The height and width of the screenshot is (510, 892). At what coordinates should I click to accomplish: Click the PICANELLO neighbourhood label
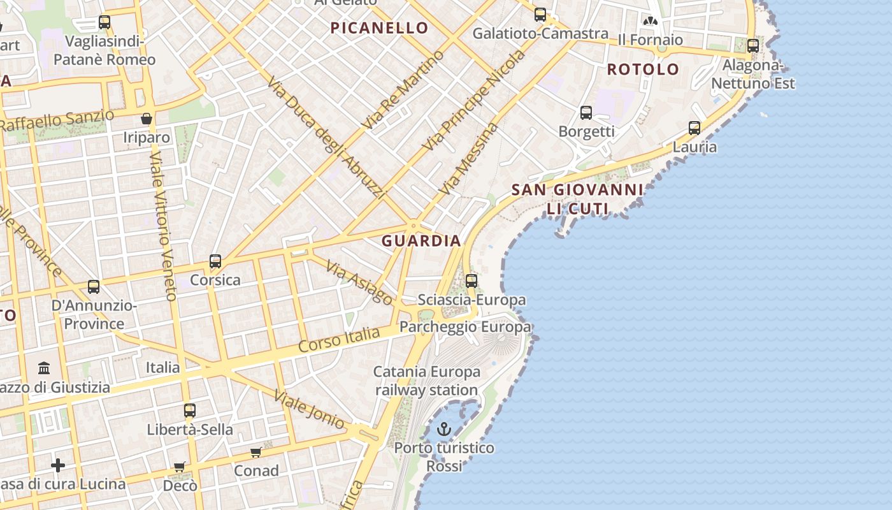379,28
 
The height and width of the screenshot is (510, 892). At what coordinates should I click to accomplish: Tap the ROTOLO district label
643,69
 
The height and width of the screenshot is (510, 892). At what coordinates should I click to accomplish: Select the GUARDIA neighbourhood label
421,241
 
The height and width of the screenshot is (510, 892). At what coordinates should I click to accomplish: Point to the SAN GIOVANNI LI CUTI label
577,199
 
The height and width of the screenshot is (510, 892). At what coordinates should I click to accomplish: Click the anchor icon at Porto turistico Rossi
444,429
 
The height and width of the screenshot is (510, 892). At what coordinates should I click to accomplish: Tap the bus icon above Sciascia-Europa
471,280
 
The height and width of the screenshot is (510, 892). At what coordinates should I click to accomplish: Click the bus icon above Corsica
215,261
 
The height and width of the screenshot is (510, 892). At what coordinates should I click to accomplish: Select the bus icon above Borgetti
586,113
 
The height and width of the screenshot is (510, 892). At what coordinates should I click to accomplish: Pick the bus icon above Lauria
694,128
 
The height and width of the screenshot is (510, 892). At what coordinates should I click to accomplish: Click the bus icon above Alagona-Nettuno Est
753,46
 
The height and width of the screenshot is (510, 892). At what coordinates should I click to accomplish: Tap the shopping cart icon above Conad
256,452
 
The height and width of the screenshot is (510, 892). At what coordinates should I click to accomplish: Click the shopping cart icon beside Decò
180,467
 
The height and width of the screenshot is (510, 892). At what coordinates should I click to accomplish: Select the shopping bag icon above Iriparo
147,119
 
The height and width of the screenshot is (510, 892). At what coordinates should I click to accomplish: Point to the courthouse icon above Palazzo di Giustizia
45,368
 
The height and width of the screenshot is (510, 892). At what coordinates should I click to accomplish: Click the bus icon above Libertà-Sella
190,411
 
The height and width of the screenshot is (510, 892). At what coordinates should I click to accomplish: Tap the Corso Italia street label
339,341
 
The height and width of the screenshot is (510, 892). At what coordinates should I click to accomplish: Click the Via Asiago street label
359,282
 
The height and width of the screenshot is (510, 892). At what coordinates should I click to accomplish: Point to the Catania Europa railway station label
426,381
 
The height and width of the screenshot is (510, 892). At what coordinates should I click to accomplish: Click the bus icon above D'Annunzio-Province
94,287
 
